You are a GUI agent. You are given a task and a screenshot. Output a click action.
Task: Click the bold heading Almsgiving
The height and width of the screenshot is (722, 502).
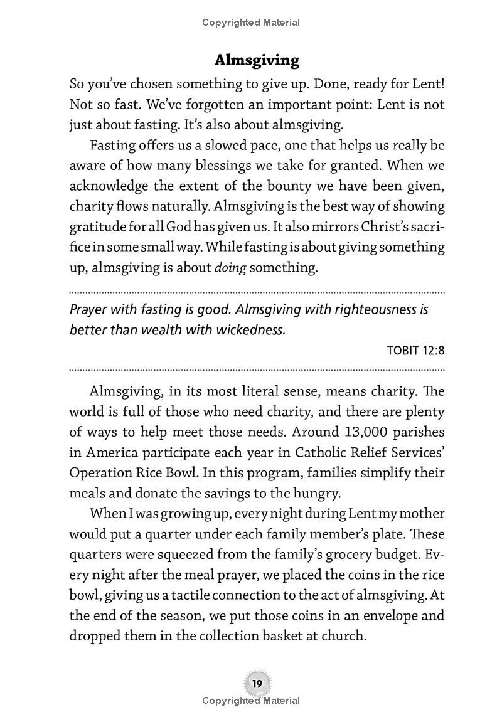click(x=257, y=60)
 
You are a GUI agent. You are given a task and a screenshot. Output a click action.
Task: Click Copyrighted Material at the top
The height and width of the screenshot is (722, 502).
click(x=251, y=23)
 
